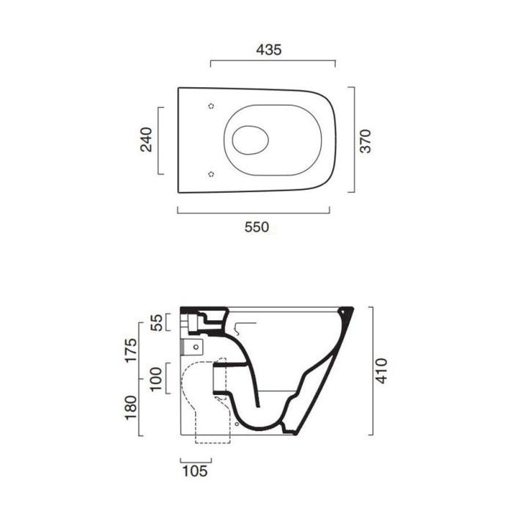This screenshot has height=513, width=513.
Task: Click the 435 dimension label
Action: pos(269,50)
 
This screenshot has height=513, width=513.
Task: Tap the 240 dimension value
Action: pos(146,140)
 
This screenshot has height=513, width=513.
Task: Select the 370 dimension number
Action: pos(366,141)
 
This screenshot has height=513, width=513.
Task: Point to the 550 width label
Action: pos(256,226)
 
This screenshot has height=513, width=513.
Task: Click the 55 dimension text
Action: pos(158,322)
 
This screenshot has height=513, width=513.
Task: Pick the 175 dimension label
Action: pos(131,350)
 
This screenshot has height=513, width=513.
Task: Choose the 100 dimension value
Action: pos(156,379)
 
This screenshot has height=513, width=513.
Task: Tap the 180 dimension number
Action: pos(130,407)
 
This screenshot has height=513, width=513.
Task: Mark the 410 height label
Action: pos(381,371)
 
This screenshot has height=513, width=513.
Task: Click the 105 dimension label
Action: pos(195,471)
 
